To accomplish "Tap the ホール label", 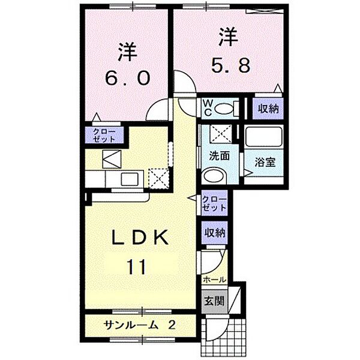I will (214, 280).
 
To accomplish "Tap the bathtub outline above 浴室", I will (264, 139).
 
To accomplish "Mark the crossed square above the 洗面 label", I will (214, 134).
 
